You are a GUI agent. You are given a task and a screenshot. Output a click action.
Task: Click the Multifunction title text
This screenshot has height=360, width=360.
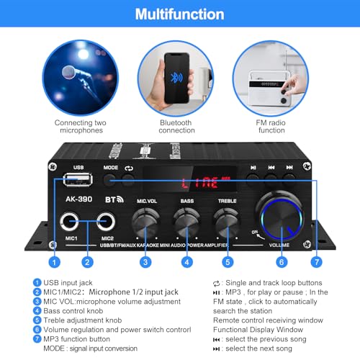click(x=179, y=14)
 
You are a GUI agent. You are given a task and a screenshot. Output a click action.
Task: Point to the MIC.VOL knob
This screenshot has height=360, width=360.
click(x=145, y=219)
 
